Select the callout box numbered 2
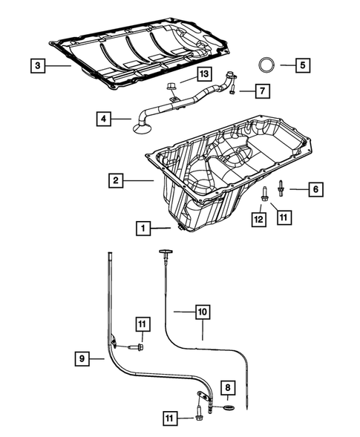pos(115,180)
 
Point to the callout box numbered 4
pos(105,118)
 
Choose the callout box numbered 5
pos(303,65)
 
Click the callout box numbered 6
pos(315,190)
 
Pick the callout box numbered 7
pos(262,91)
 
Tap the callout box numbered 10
pos(203,312)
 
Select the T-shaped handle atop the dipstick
pos(165,254)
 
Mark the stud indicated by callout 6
pos(281,188)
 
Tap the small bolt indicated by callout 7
pos(234,90)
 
